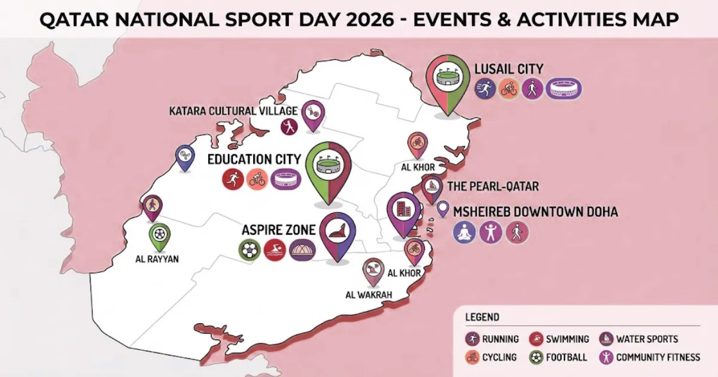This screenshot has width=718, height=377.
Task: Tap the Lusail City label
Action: [x=509, y=69]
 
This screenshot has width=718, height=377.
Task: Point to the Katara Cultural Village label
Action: [x=233, y=111]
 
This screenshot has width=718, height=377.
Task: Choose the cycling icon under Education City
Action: [x=257, y=180]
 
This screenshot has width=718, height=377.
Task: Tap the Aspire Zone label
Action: [x=278, y=230]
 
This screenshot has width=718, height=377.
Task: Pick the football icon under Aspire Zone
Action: [x=249, y=250]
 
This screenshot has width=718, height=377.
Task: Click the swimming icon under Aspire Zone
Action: [x=275, y=250]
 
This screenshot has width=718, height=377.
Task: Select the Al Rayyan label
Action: [x=157, y=259]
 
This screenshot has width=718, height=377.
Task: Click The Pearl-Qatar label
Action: [x=493, y=187]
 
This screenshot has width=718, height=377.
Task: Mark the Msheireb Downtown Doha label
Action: [x=536, y=212]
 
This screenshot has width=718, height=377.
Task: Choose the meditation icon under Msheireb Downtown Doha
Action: [x=464, y=232]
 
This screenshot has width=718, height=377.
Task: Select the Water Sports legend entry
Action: [x=647, y=339]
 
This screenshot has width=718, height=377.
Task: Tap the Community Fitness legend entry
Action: [x=658, y=357]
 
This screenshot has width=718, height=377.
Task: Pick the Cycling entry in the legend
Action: [x=499, y=357]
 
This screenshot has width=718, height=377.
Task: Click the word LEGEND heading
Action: [x=482, y=317]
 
